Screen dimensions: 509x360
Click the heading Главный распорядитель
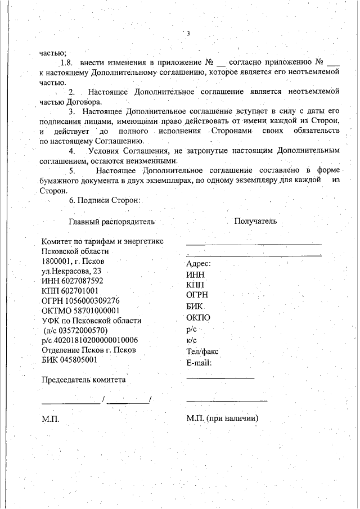tap(111, 221)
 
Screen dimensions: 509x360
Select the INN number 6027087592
tap(82, 280)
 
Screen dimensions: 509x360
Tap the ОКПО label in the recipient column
tap(197, 318)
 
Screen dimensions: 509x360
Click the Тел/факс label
tap(202, 352)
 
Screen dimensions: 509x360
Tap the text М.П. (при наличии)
tap(222, 419)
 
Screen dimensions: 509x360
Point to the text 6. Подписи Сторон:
tap(103, 200)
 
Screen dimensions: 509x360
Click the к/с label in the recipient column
tap(191, 340)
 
